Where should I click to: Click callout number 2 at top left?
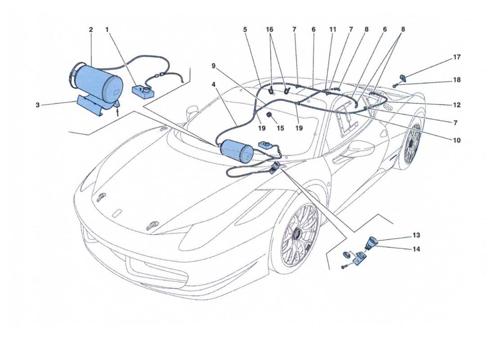tap(91, 30)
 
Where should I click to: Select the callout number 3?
tap(38, 105)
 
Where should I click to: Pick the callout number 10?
tap(456, 140)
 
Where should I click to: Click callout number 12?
tap(457, 105)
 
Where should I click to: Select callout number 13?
tap(416, 235)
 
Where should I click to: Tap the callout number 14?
tap(416, 249)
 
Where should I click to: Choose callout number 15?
tap(280, 128)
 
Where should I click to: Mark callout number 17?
tap(457, 58)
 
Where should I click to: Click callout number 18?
tap(457, 80)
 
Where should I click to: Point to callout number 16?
tap(270, 30)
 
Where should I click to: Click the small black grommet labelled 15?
tap(270, 117)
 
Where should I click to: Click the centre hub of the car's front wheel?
tap(297, 234)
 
